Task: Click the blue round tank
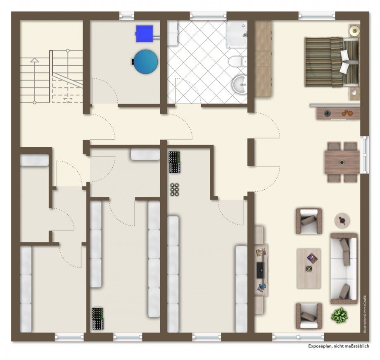(146, 62)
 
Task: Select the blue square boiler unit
(145, 33)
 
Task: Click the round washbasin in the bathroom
(239, 84)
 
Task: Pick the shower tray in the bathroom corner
(237, 34)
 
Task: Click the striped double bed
(332, 62)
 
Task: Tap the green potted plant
(339, 315)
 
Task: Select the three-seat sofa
(344, 269)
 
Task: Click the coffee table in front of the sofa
(309, 268)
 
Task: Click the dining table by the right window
(342, 162)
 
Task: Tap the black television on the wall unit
(261, 270)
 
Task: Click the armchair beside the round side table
(309, 221)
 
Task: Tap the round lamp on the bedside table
(354, 31)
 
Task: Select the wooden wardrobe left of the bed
(263, 59)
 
